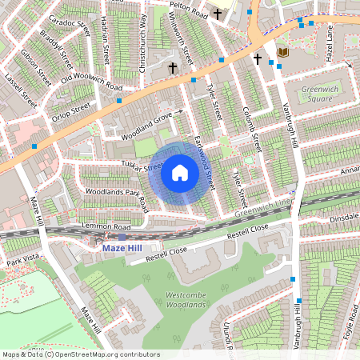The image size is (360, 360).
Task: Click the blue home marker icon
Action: point(180,173)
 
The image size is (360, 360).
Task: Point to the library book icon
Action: point(282,53)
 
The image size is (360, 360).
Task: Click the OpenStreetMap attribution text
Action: point(80,354)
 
